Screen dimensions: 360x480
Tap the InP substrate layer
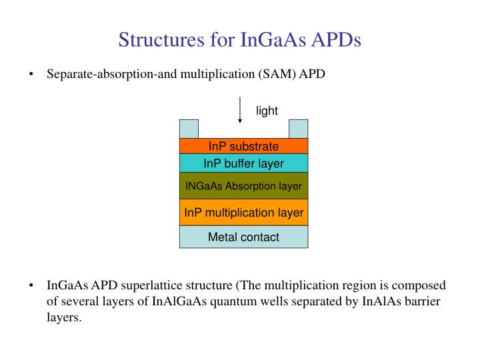coord(243,146)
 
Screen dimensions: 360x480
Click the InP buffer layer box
coord(243,163)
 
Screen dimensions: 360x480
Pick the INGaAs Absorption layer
coord(243,186)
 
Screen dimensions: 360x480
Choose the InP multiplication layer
coord(243,213)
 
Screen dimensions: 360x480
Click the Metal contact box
coord(243,237)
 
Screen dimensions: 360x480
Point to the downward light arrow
coord(240,110)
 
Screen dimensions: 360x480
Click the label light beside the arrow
coord(267,111)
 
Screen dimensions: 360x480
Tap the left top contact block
coord(189,129)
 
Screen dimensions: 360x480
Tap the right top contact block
coord(298,129)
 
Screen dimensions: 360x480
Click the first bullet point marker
coord(31,74)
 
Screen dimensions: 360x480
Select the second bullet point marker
coord(31,286)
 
